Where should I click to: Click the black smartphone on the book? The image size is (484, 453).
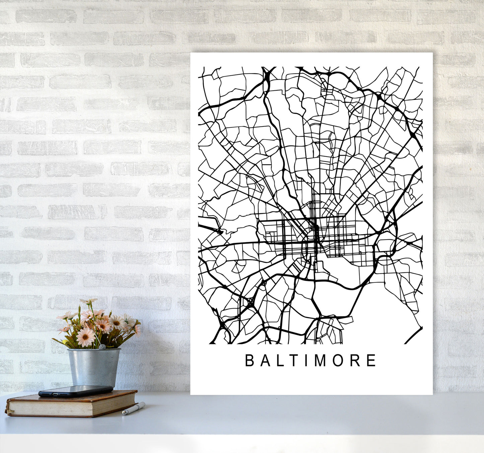(75, 390)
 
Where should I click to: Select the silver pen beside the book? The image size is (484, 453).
(134, 409)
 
